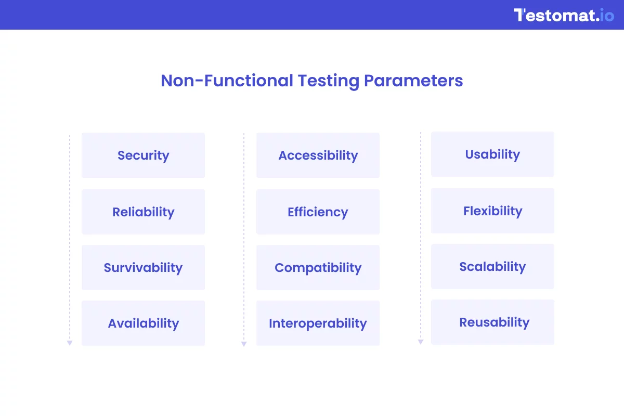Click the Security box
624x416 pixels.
pyautogui.click(x=143, y=155)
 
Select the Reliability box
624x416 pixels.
pyautogui.click(x=143, y=212)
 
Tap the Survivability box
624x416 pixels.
pyautogui.click(x=143, y=268)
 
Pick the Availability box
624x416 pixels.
pyautogui.click(x=143, y=323)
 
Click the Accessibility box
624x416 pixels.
pyautogui.click(x=318, y=155)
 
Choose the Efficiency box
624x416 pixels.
pyautogui.click(x=318, y=212)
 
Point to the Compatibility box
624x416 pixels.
pyautogui.click(x=318, y=268)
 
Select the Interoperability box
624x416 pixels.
pyautogui.click(x=318, y=323)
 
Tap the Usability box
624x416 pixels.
pyautogui.click(x=492, y=154)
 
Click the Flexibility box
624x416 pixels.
pyautogui.click(x=492, y=211)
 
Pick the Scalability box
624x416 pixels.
pyautogui.click(x=492, y=267)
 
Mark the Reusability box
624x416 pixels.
pyautogui.click(x=492, y=322)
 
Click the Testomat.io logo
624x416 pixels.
pyautogui.click(x=564, y=15)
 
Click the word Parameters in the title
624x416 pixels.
pyautogui.click(x=413, y=81)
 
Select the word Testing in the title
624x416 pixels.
pyautogui.click(x=328, y=81)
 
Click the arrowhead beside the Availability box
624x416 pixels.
pyautogui.click(x=69, y=343)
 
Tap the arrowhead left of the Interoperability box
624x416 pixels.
pyautogui.click(x=243, y=344)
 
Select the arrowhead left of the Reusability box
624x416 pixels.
pyautogui.click(x=421, y=342)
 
